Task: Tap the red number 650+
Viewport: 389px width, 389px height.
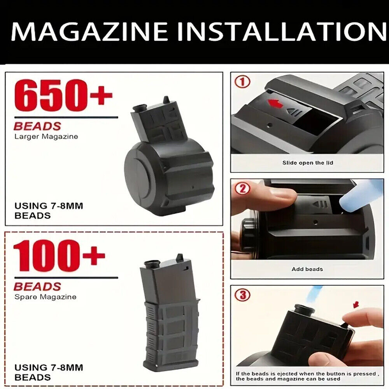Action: tap(63, 95)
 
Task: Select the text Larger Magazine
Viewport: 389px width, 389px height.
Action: tap(46, 137)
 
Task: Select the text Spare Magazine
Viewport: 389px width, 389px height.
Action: tap(46, 297)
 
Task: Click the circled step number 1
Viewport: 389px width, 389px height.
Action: tap(242, 82)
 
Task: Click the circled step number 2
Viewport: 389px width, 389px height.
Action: tap(242, 189)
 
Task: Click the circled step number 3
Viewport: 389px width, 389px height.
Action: tap(242, 295)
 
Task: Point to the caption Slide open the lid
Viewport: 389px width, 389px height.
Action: tap(308, 163)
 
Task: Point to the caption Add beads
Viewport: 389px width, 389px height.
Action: tap(307, 269)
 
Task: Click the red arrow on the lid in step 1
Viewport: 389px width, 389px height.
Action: tap(275, 103)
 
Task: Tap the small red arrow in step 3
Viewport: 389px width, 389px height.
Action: tap(356, 305)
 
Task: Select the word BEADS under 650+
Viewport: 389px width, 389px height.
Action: tap(37, 126)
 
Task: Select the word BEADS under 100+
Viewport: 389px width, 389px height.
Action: tap(37, 287)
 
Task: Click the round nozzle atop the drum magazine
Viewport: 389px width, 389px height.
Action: tap(139, 108)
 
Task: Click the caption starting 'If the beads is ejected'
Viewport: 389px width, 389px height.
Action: tap(307, 376)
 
